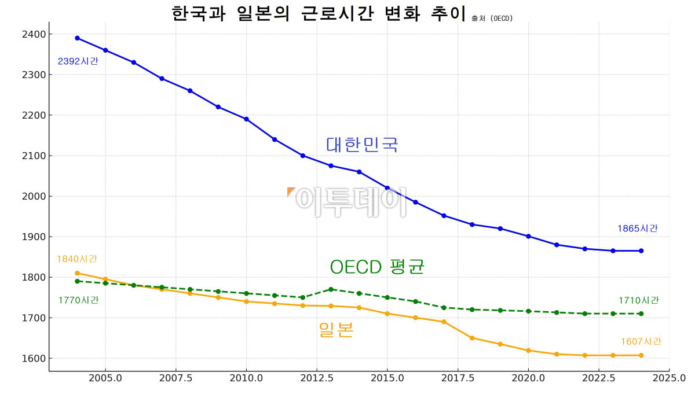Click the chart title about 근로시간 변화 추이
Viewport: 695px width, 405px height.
pos(319,13)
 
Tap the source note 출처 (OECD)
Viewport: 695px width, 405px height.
pos(492,19)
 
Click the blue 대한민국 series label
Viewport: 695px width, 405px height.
pos(362,144)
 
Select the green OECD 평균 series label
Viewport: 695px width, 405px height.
pos(377,267)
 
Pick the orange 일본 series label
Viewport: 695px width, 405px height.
pos(336,330)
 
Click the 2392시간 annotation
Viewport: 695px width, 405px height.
pos(78,61)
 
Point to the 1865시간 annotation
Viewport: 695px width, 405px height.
pos(638,229)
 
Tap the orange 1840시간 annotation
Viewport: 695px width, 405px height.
pos(76,259)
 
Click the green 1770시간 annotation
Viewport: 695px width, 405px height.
pos(78,300)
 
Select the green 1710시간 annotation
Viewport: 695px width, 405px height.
pos(638,301)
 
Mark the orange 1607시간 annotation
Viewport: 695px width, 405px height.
pos(641,342)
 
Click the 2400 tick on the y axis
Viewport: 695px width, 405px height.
pos(35,35)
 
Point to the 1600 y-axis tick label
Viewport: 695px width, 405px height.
pos(35,359)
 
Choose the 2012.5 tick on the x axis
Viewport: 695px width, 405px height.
pos(316,378)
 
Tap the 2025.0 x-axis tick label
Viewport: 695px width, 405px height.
pos(669,378)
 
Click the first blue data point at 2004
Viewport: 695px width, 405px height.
pos(77,38)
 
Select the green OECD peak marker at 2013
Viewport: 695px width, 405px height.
pos(331,289)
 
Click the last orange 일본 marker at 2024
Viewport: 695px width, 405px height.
pos(641,355)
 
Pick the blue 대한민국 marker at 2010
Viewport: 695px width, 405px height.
pos(246,119)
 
